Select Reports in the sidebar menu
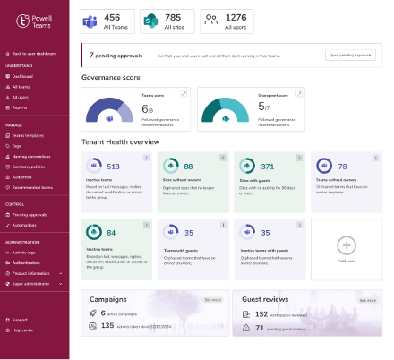click(21, 106)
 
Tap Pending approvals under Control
click(30, 214)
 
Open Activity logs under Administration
click(24, 253)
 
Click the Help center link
click(22, 329)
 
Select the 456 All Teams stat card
click(108, 22)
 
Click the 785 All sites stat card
click(167, 22)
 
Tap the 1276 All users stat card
click(225, 22)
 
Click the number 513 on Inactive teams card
click(114, 167)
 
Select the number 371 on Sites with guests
click(266, 167)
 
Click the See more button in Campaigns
click(213, 300)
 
